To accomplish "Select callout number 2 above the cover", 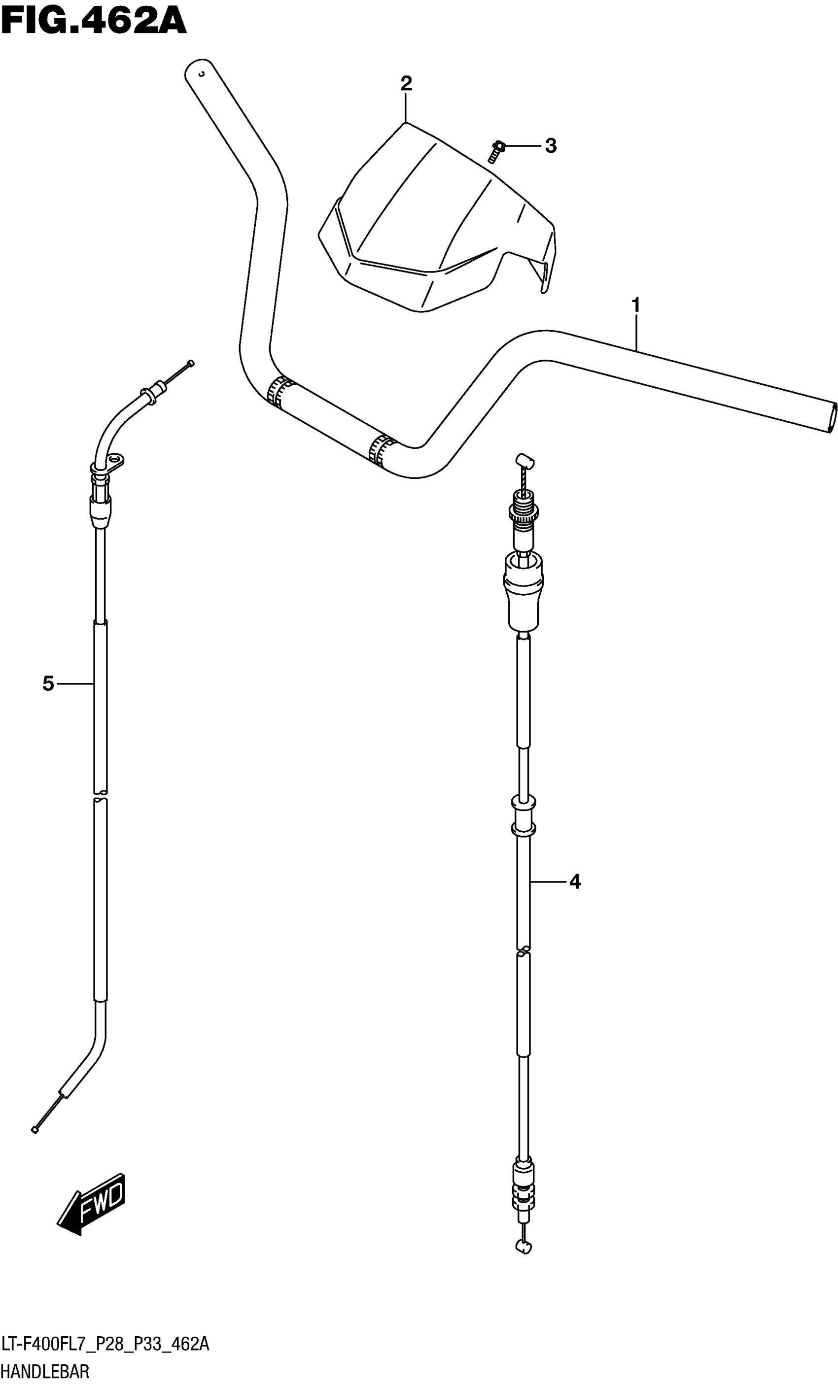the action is click(x=406, y=83).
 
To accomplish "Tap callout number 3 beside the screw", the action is click(x=551, y=145).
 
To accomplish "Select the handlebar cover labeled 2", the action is click(x=437, y=217).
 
